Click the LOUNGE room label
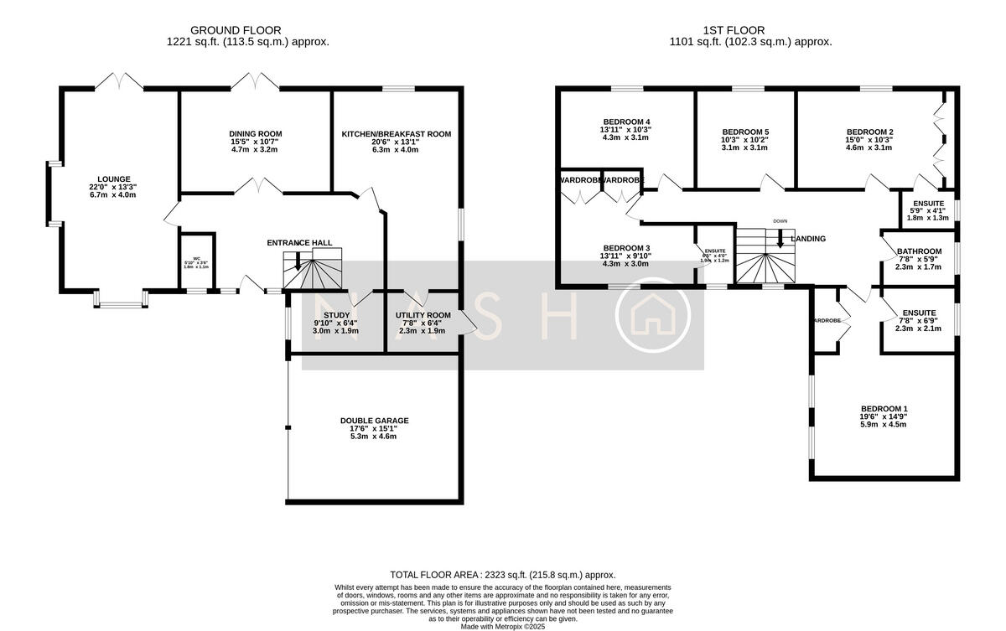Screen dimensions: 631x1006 [112, 178]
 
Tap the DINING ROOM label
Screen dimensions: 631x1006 [256, 134]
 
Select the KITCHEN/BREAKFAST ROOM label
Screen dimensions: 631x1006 [396, 134]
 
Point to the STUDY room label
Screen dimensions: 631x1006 [335, 315]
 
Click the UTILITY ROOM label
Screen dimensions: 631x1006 [423, 315]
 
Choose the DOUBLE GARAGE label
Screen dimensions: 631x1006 [374, 421]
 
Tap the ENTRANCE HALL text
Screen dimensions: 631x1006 [299, 243]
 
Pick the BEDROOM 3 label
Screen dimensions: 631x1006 [626, 248]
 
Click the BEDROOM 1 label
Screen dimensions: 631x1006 [883, 409]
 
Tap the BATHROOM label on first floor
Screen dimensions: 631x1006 [919, 251]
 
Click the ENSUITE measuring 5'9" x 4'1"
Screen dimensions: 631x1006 [927, 204]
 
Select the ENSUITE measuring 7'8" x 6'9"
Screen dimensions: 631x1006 [919, 313]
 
